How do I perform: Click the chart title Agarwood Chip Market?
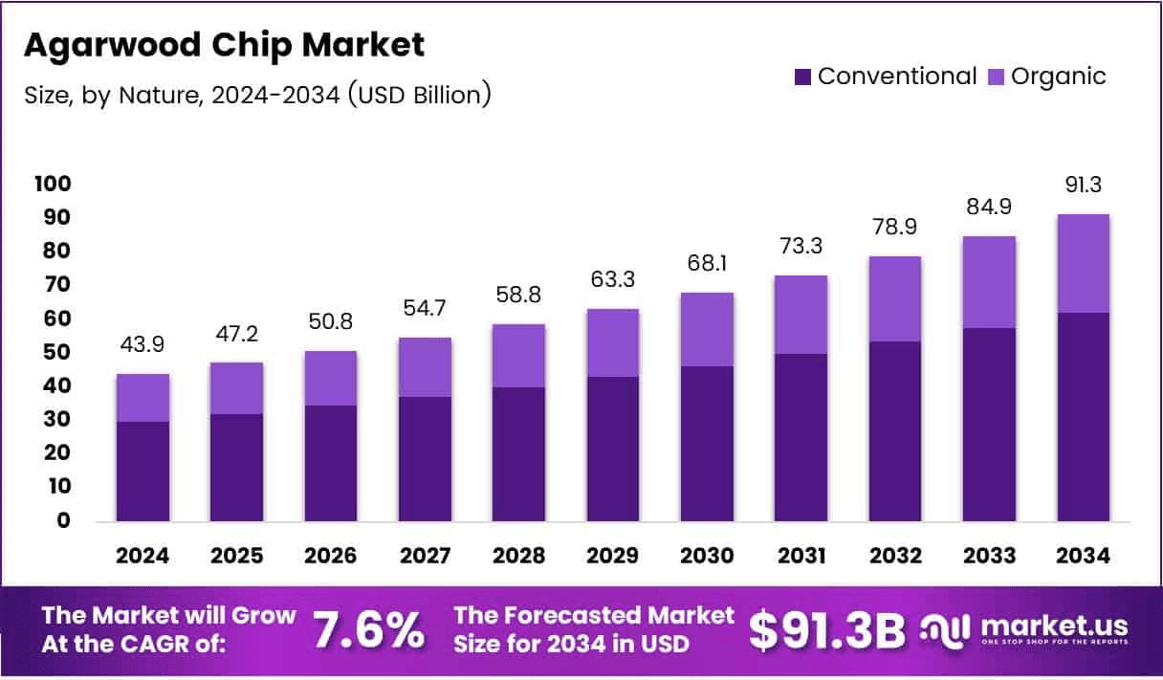coord(224,45)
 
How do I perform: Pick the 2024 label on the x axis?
coord(143,557)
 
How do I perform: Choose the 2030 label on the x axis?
coord(707,557)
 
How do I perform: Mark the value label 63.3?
coord(613,280)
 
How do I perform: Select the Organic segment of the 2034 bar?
coord(1083,263)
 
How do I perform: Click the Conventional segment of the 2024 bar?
coord(143,471)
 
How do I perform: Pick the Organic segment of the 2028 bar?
coord(518,355)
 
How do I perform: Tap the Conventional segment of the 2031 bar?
coord(801,437)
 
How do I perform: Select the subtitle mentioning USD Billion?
coord(258,94)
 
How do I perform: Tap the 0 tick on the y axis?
coord(64,521)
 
